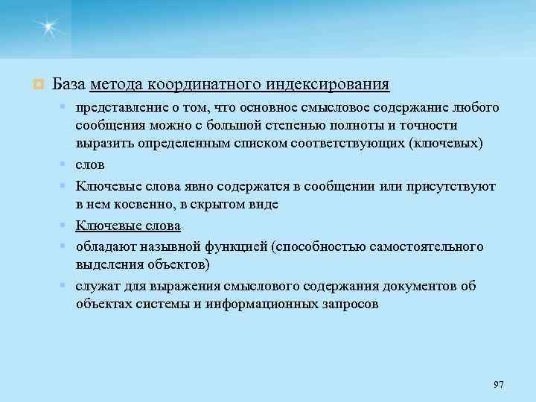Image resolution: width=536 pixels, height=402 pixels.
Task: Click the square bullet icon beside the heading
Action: point(36,83)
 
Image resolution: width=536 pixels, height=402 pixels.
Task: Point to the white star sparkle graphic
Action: point(49,29)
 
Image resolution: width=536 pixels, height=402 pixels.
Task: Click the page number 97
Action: point(498,384)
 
